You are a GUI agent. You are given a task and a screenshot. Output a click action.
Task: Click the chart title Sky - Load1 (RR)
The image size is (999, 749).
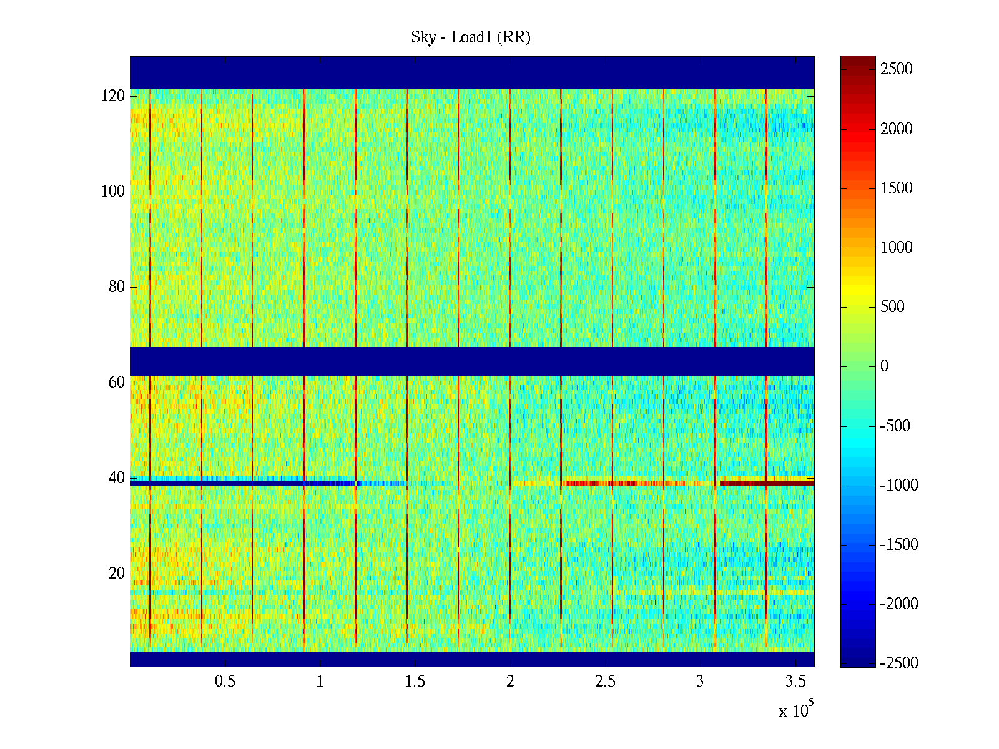pyautogui.click(x=470, y=37)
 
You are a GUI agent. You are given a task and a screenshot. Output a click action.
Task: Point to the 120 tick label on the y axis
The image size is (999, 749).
pyautogui.click(x=112, y=96)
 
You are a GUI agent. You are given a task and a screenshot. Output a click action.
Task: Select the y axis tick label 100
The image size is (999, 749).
pyautogui.click(x=112, y=192)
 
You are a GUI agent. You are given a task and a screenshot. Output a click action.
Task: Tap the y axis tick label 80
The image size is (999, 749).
pyautogui.click(x=116, y=287)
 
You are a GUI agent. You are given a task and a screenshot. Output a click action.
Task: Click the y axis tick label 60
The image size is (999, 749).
pyautogui.click(x=116, y=383)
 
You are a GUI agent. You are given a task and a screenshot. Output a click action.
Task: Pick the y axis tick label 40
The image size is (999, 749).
pyautogui.click(x=116, y=478)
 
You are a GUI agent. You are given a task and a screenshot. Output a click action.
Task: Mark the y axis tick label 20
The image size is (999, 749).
pyautogui.click(x=116, y=574)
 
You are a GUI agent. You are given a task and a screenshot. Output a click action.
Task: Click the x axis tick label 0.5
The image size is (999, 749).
pyautogui.click(x=225, y=682)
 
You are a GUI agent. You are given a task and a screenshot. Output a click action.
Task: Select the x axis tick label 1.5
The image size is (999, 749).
pyautogui.click(x=415, y=682)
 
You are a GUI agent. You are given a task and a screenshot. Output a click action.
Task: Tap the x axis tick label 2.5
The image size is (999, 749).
pyautogui.click(x=605, y=682)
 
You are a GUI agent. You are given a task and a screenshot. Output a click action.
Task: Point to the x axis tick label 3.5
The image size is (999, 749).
pyautogui.click(x=795, y=682)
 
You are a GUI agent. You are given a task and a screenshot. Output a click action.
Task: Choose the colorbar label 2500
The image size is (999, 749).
pyautogui.click(x=897, y=69)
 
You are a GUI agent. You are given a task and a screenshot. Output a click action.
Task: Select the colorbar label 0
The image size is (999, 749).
pyautogui.click(x=884, y=366)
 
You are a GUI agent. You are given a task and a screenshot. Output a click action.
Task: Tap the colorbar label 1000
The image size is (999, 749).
pyautogui.click(x=897, y=248)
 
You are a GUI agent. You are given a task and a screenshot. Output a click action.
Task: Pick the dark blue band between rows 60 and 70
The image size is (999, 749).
pyautogui.click(x=472, y=361)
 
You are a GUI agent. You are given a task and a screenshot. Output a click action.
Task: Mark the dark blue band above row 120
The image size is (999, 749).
pyautogui.click(x=472, y=72)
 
